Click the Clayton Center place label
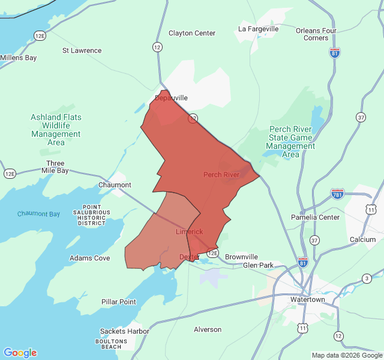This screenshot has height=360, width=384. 192,33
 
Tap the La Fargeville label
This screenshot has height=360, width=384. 259,28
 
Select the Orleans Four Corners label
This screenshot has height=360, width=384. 316,34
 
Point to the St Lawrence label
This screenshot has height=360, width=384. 82,50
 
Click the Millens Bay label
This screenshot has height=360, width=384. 18,58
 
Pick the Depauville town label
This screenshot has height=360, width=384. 172,98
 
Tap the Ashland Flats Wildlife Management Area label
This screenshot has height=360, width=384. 56,130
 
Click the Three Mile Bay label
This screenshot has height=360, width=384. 55,167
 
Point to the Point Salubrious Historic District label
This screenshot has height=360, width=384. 92,214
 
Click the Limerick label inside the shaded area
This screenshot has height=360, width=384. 189,232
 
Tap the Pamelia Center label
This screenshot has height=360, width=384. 315,217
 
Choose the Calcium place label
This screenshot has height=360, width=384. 362,239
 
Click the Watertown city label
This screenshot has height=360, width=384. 307,299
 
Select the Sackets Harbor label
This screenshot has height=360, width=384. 124,331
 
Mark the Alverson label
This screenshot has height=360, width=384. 208,329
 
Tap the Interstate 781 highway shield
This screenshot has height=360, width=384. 337,194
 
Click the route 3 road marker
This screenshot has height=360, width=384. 367,278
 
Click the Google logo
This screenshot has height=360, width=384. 20,353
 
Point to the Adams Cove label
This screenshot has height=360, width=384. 89,258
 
